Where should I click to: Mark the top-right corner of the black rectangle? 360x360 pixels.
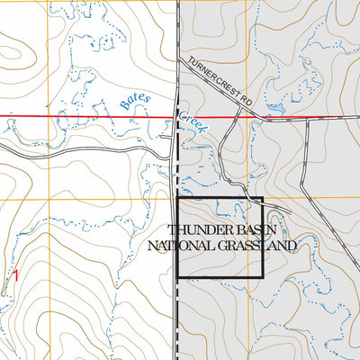pos(262,198)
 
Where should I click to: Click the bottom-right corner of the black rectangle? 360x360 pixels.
pos(262,277)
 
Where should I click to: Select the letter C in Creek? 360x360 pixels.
pos(181,114)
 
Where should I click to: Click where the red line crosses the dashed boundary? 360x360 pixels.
pos(176,117)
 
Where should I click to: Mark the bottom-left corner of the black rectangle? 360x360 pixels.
pos(177,277)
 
